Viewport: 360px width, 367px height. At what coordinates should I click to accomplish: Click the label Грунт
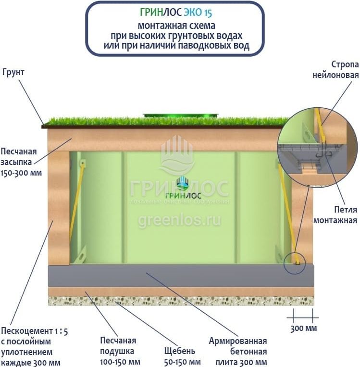[13, 72]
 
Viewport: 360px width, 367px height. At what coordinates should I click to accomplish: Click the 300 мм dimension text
[304, 329]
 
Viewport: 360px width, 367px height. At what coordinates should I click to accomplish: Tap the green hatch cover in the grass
[180, 115]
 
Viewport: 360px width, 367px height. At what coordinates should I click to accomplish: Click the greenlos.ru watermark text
[179, 220]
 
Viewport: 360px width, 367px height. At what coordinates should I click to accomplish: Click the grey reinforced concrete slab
[180, 275]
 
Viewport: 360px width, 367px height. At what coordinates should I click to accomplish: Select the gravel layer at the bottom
[180, 301]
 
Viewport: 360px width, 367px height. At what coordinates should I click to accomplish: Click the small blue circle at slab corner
[294, 263]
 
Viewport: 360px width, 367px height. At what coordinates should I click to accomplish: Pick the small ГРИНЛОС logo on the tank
[180, 189]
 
